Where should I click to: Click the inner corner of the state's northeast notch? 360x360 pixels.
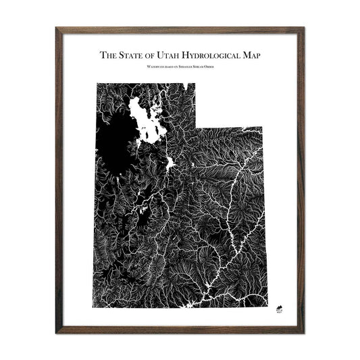point(196,126)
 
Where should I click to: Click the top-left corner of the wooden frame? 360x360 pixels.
point(57,28)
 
